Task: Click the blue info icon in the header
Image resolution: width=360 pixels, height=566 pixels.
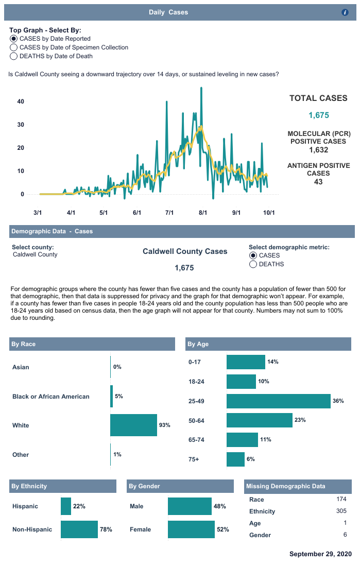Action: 345,12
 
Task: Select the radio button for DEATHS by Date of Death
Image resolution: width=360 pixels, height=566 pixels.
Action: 14,56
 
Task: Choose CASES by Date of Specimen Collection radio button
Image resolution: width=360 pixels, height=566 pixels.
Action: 14,47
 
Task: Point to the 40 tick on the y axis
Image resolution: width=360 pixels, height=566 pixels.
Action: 21,101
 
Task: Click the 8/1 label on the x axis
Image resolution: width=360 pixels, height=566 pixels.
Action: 203,212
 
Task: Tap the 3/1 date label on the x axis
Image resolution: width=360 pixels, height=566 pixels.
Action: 38,212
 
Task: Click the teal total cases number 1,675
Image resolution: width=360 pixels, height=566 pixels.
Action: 318,115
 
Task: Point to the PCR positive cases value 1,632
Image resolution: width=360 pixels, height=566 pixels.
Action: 318,150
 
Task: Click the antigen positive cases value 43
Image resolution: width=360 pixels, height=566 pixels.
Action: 318,182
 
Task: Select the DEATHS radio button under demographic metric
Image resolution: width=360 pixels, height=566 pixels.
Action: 253,264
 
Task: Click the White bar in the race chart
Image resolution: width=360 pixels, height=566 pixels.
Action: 133,425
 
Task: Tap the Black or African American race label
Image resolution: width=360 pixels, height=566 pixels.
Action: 51,397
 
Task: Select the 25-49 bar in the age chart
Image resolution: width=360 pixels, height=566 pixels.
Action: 278,401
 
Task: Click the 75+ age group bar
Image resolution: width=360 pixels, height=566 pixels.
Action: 235,459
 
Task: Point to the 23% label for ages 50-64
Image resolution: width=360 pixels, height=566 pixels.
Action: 300,420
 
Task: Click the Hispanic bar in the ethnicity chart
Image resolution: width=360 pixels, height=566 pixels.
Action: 66,506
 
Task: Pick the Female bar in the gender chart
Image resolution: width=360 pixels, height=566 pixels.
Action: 191,529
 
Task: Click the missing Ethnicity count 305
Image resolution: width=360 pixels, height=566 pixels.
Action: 341,511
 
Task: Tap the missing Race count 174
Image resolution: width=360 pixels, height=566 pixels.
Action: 341,499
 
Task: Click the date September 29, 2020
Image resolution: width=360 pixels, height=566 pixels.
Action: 320,554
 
